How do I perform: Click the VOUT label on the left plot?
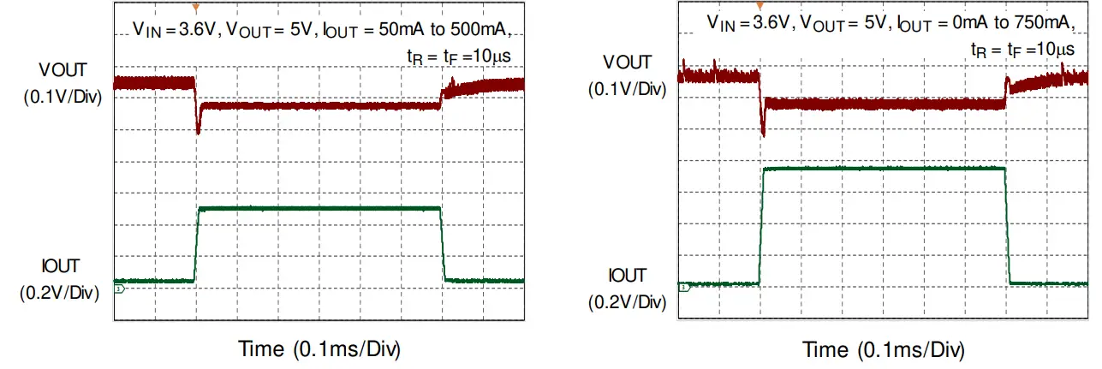(63, 68)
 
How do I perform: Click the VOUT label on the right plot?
(627, 62)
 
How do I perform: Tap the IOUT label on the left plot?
(63, 266)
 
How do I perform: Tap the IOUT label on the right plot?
(627, 276)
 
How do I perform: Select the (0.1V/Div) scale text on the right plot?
(627, 89)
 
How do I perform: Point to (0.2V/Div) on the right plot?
(627, 301)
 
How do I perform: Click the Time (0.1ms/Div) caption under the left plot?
(319, 349)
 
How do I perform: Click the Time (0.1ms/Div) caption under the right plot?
(884, 351)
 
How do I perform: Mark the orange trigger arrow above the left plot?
(196, 8)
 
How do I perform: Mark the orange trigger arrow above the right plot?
(759, 6)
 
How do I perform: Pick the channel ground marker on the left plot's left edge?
(118, 290)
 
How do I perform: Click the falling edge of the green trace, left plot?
(443, 244)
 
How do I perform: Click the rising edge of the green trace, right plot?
(760, 227)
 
